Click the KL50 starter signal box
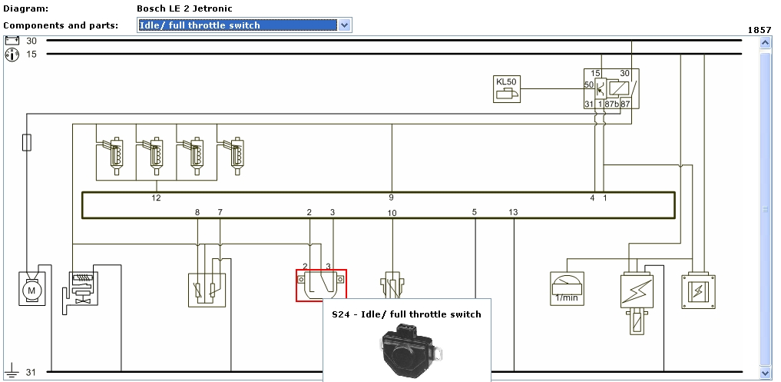[505, 88]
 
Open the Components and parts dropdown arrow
[345, 25]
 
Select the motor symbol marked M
[31, 289]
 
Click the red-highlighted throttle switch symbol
[321, 285]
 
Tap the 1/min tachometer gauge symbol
[568, 288]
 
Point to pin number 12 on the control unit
[157, 198]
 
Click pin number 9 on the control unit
[391, 198]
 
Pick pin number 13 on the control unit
[513, 211]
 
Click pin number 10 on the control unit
[392, 212]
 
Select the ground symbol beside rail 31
[12, 372]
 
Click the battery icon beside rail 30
[12, 41]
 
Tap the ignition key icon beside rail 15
[12, 55]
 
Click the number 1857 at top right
[759, 30]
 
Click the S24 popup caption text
[406, 314]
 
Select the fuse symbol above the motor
[27, 142]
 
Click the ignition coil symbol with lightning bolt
[636, 292]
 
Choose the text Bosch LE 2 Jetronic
[184, 8]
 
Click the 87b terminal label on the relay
[611, 104]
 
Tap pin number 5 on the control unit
[475, 211]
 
